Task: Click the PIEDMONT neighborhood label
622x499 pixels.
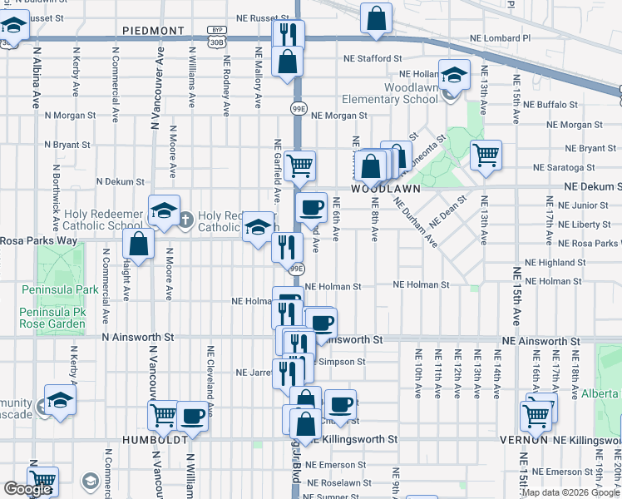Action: [153, 31]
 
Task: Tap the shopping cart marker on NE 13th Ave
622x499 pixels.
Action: [486, 155]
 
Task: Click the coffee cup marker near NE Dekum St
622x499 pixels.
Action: [312, 207]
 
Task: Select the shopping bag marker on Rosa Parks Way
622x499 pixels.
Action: [139, 245]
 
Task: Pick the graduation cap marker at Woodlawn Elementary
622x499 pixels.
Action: [454, 76]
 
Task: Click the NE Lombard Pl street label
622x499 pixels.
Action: [500, 38]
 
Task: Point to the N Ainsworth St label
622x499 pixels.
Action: [138, 338]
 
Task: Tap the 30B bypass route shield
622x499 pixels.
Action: [216, 41]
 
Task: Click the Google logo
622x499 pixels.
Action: [27, 489]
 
